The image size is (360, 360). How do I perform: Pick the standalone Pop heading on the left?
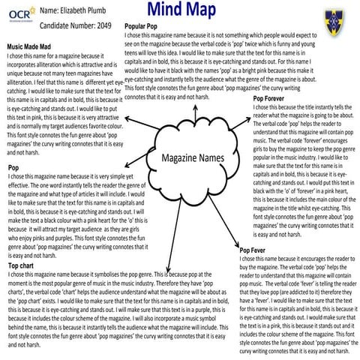point(13,166)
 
